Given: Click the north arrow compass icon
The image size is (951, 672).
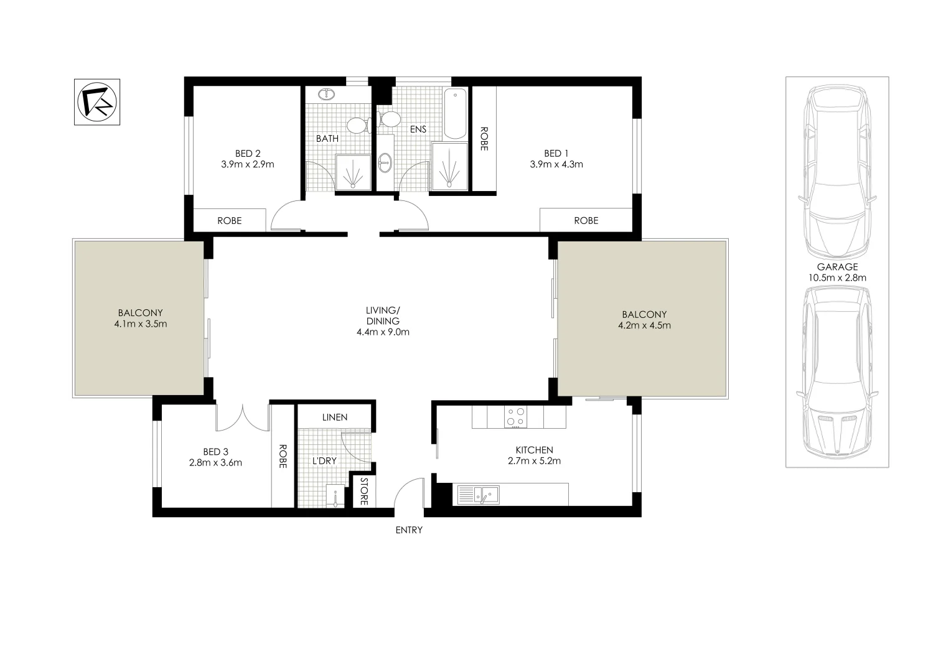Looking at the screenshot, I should tap(97, 102).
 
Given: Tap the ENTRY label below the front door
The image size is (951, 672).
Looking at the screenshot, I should tap(409, 530).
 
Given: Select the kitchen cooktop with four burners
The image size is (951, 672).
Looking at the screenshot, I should tap(515, 417).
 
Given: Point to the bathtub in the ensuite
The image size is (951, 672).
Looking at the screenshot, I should tap(455, 114).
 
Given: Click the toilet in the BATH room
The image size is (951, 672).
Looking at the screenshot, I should tap(358, 125).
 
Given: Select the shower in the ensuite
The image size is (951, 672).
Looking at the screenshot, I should tap(449, 165).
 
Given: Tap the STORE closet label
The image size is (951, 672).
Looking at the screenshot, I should tap(364, 491).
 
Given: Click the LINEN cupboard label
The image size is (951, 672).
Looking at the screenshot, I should tap(335, 417).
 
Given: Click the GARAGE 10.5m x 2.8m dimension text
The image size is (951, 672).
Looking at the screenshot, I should tap(837, 278).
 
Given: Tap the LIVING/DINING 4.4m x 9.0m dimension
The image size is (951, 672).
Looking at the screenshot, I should tap(383, 332).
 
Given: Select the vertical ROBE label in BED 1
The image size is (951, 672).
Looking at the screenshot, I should tap(484, 139).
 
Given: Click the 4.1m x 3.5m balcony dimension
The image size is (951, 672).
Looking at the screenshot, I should tap(141, 324).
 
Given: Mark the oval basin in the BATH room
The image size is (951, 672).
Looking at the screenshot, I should tap(327, 95).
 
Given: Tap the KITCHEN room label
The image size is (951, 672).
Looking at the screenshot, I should tap(534, 450).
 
